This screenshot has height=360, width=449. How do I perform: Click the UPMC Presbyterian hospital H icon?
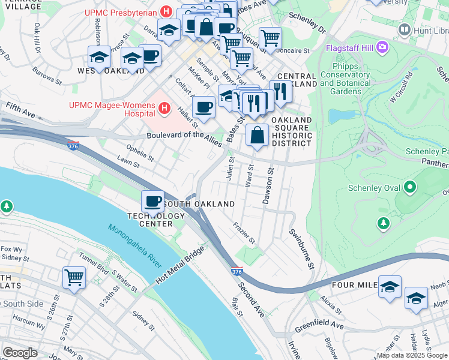click(166, 12)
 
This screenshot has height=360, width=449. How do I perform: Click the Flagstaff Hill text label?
click(351, 48)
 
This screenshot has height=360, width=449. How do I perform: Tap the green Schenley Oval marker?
click(411, 188)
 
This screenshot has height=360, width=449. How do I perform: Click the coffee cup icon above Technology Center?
click(152, 201)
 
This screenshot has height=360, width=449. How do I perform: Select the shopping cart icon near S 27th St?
click(74, 277)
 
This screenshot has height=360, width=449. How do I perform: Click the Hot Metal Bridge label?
click(181, 267)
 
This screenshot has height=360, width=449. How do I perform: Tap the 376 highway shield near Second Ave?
click(237, 272)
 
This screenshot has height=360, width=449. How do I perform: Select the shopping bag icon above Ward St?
click(257, 135)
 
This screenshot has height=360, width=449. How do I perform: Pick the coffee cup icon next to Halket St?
click(204, 107)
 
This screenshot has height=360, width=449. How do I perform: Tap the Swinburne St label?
click(310, 248)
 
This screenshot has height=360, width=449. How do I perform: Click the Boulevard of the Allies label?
click(184, 137)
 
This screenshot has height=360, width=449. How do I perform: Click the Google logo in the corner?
click(20, 353)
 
